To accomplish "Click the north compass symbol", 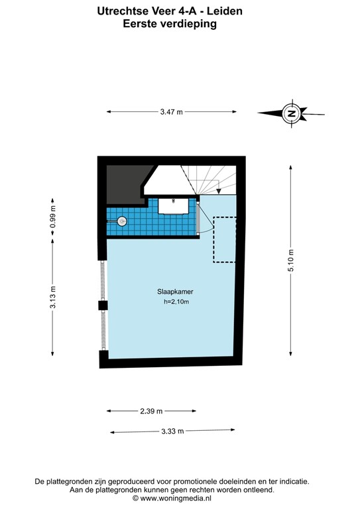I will coord(290,113).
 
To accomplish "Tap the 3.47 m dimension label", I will coord(170,112).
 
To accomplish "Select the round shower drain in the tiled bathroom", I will coord(121,222).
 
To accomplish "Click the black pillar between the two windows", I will coord(103,305).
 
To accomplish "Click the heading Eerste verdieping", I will coord(170,23).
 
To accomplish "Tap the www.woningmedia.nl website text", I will coord(171,498).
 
